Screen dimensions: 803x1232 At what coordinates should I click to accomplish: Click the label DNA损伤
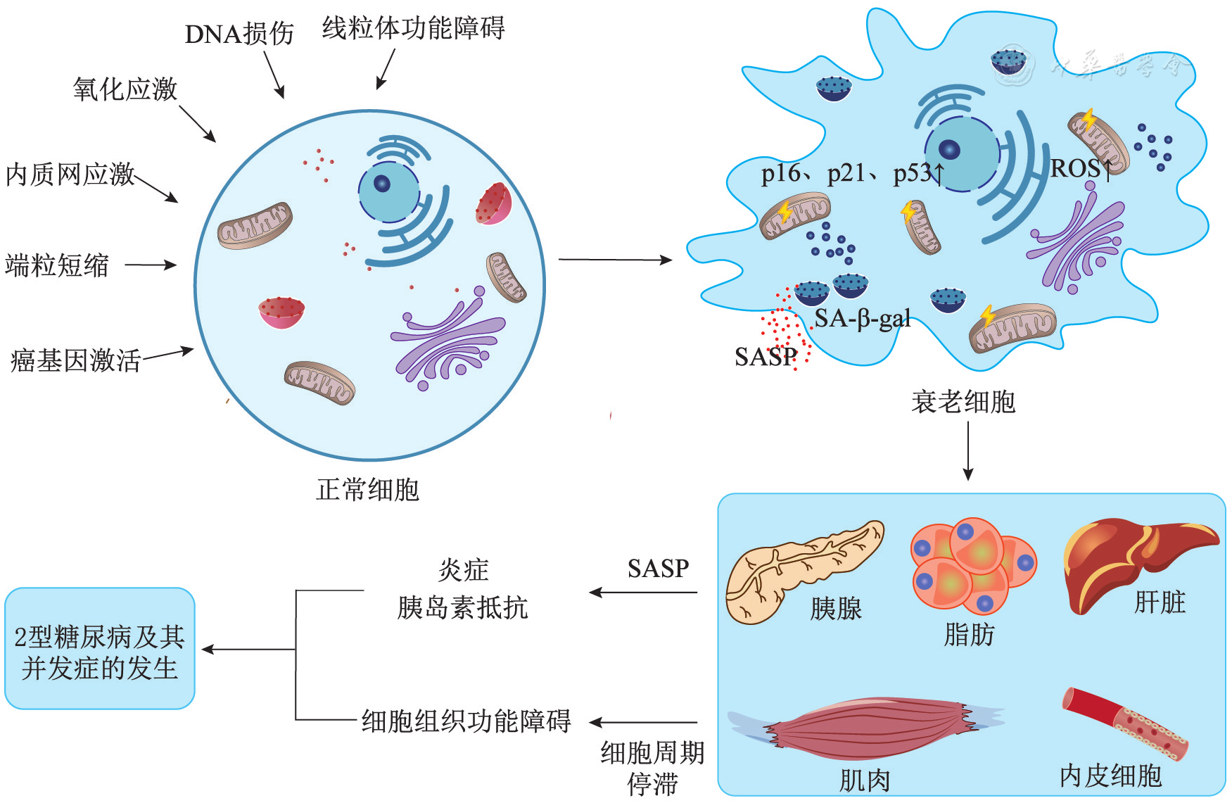point(239,34)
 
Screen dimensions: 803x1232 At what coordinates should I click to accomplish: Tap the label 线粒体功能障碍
point(413,28)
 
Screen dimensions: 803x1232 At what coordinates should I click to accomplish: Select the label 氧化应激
point(125,89)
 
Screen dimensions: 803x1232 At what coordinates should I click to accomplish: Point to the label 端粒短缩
point(57,265)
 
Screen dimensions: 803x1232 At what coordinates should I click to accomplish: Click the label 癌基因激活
point(75,360)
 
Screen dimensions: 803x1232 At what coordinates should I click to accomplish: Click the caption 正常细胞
point(367,489)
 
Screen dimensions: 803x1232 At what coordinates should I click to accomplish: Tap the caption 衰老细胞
point(963,402)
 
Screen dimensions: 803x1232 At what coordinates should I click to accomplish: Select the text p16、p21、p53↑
point(852,172)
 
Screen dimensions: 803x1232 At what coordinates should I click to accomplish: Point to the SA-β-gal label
point(863,319)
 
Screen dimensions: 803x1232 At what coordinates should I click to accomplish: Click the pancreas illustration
point(802,570)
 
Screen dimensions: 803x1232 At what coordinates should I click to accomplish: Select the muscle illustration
point(865,728)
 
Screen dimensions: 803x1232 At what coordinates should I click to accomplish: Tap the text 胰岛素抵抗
point(462,607)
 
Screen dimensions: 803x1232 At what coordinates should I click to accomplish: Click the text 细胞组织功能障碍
point(466,721)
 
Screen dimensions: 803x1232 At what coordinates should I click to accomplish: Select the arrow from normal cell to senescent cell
point(615,260)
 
